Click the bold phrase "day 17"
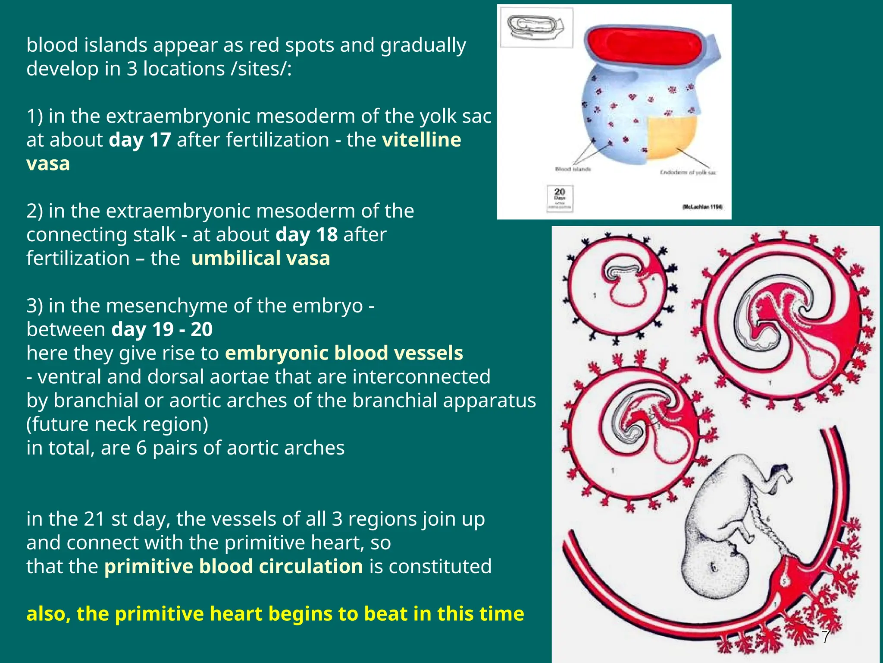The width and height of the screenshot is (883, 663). click(x=140, y=140)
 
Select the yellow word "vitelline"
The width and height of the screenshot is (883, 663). click(x=421, y=140)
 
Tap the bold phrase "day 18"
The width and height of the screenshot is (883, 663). click(x=306, y=235)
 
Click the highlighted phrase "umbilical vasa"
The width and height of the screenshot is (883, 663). click(x=260, y=259)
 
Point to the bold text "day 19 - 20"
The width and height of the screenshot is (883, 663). click(x=162, y=329)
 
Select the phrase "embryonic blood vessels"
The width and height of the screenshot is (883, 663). click(x=344, y=353)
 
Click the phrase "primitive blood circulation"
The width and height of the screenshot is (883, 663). click(x=233, y=566)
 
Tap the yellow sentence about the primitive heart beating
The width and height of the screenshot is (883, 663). click(x=275, y=614)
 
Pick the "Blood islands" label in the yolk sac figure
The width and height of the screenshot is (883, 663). click(x=573, y=169)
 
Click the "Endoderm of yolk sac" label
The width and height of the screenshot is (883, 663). click(x=688, y=173)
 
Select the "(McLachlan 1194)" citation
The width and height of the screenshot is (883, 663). click(x=702, y=207)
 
